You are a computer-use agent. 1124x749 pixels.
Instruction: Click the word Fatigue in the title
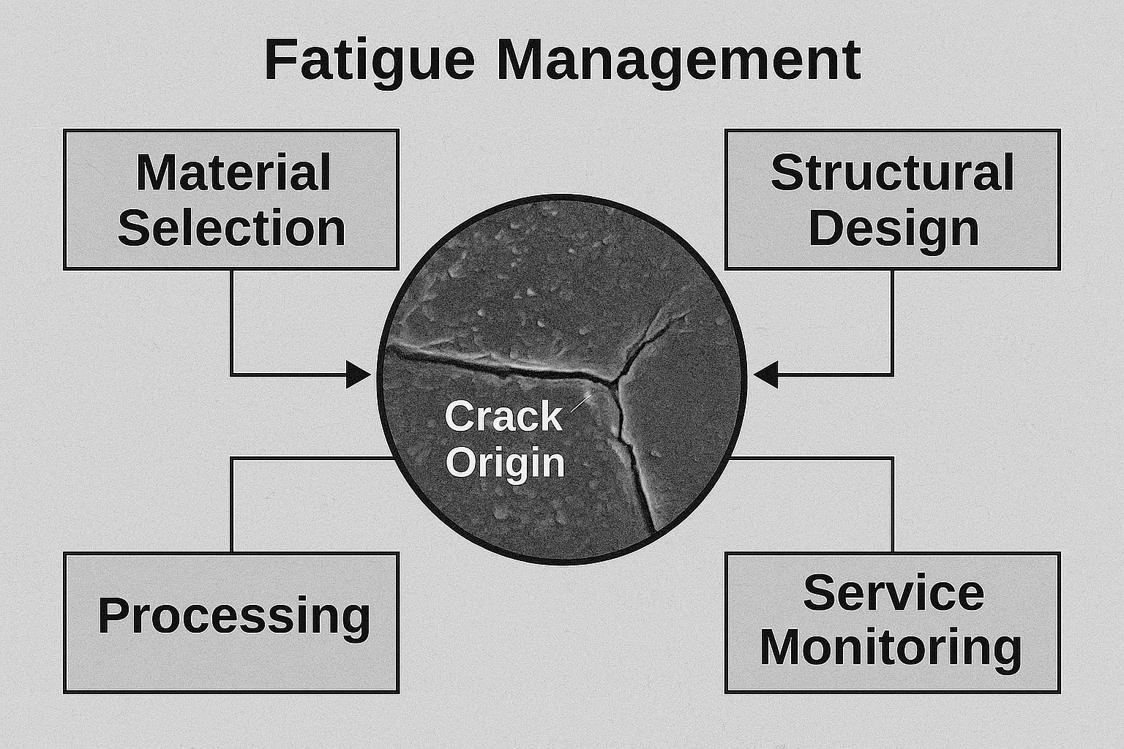click(x=370, y=61)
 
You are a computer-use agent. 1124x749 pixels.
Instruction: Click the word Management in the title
click(x=679, y=61)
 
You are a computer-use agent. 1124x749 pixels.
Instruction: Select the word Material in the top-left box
click(x=233, y=173)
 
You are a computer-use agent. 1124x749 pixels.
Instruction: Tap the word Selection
click(x=231, y=227)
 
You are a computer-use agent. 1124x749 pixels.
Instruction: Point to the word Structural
click(x=892, y=173)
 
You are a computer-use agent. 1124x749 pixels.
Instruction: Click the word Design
click(x=893, y=229)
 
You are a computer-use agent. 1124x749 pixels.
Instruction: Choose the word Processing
click(x=234, y=617)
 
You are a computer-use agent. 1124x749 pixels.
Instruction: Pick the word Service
click(x=893, y=593)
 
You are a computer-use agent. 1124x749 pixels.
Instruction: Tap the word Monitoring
click(x=891, y=648)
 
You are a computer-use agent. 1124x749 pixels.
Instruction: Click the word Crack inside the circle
click(x=503, y=416)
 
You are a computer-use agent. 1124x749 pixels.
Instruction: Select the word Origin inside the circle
click(x=506, y=462)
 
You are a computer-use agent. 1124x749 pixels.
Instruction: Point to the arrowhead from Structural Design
click(x=765, y=374)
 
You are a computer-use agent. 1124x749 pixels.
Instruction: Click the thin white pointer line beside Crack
click(x=581, y=403)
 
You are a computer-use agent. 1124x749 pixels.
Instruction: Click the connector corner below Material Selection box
click(x=232, y=374)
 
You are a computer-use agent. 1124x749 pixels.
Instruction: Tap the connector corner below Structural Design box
click(x=892, y=374)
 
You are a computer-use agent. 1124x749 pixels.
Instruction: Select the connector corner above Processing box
click(x=232, y=458)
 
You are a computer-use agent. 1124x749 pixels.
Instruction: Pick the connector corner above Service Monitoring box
click(x=892, y=458)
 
